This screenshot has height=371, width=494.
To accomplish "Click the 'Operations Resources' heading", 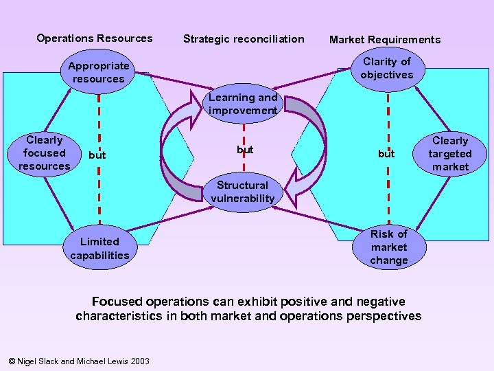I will (95, 38).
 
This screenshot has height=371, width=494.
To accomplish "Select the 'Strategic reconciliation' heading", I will (244, 38).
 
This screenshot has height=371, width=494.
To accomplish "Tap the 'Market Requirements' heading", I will (385, 39).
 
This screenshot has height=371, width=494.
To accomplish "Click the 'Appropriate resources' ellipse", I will (99, 72).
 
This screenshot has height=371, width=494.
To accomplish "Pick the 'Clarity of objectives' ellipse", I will (387, 68).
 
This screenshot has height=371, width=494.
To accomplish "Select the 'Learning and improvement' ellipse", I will (244, 104).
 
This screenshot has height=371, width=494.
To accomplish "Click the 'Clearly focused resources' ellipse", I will (44, 153).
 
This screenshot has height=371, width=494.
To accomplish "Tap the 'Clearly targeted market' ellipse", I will (450, 154).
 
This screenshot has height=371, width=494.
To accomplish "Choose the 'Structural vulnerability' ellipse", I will (242, 192).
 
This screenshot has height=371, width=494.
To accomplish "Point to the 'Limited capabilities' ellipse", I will (99, 248).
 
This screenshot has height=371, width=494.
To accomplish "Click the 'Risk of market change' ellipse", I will (388, 247).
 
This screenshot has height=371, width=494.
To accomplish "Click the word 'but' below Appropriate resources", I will (97, 155).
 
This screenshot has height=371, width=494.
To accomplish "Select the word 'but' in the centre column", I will (245, 149).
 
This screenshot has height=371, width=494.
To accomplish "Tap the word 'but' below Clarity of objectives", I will (386, 154).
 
